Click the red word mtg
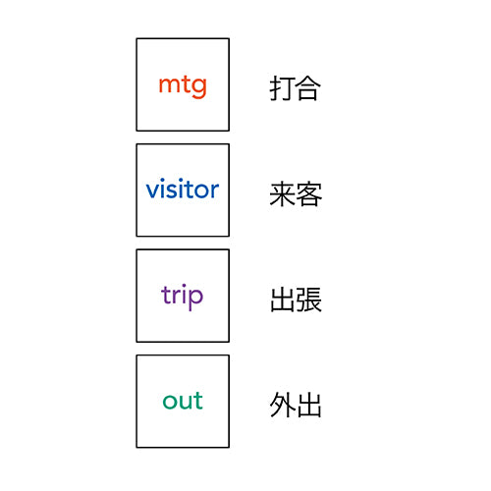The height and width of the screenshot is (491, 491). (183, 85)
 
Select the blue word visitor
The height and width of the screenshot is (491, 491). (183, 189)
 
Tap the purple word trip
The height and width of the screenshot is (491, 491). (183, 297)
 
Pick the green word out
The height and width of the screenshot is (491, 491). (183, 401)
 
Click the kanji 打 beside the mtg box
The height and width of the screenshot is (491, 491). (282, 88)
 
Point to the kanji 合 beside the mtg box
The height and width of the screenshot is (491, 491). (308, 87)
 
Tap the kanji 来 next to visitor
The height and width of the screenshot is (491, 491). (282, 194)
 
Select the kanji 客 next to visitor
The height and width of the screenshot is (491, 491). (309, 194)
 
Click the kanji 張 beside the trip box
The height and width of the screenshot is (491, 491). (309, 300)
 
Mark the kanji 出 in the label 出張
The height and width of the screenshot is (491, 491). (283, 300)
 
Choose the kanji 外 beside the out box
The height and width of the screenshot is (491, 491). (282, 406)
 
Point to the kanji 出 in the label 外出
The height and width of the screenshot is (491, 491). (309, 406)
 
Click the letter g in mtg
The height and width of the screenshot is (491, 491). (198, 87)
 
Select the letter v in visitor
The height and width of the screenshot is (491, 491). (153, 191)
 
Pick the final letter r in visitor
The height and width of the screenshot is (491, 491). (215, 191)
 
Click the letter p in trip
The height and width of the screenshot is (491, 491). (195, 299)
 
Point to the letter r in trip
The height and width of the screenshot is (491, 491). (175, 295)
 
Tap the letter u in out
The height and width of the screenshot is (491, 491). (187, 402)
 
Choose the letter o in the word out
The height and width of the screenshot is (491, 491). (170, 402)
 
